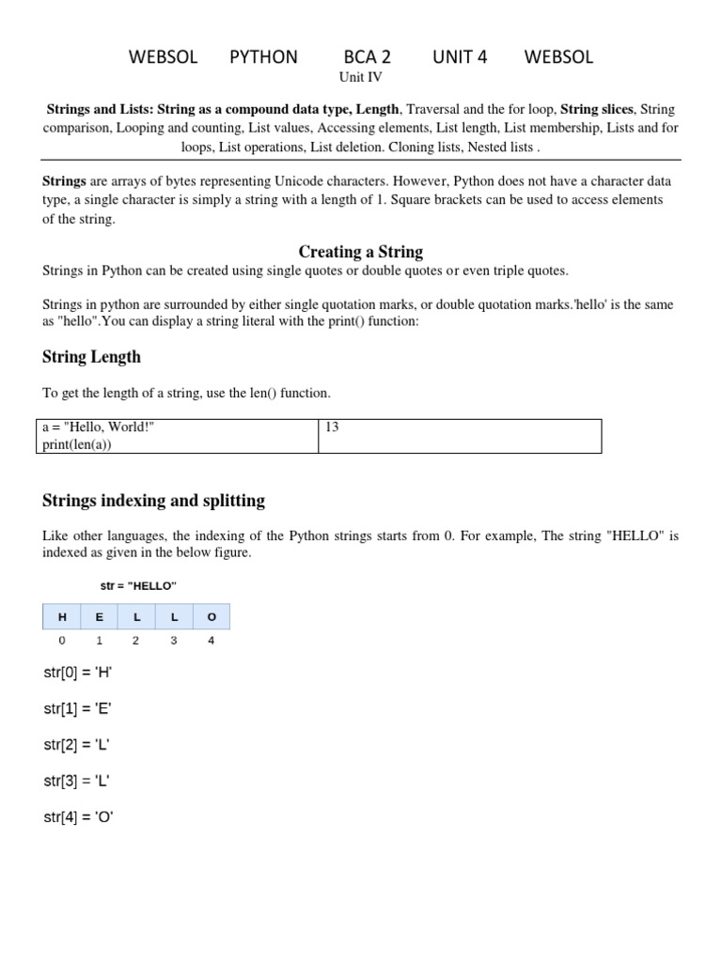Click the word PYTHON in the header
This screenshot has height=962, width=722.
pos(263,57)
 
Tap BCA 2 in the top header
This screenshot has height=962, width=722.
pos(367,57)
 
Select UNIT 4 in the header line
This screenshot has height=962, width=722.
pos(460,57)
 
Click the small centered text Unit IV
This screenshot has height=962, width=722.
pos(361,78)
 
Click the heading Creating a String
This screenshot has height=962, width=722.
pos(361,252)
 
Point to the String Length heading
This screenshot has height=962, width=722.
pos(91,357)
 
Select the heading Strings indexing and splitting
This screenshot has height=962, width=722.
pos(153,501)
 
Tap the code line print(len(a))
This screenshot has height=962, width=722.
pos(77,444)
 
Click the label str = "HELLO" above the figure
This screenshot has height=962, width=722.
pos(138,586)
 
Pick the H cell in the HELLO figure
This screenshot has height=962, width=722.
pos(62,617)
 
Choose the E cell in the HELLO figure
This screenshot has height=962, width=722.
pos(99,617)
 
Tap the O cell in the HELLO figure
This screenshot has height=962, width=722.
pos(212,617)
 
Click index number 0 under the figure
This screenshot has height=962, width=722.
pos(62,641)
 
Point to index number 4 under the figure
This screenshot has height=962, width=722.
pos(211,641)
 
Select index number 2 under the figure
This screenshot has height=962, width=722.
pos(136,641)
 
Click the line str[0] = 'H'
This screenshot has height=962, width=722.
pos(78,673)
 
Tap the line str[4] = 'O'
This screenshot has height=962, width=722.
pos(79,817)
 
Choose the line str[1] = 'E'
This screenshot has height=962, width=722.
pos(78,709)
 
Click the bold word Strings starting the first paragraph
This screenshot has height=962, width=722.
pos(64,180)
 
